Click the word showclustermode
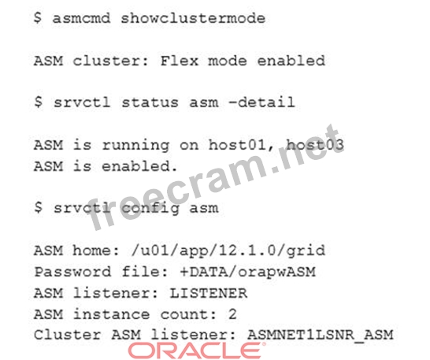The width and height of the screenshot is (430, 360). point(193,18)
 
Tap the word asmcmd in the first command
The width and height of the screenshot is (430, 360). point(81,18)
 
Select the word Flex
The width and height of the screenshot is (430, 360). point(180,61)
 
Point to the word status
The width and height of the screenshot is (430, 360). point(150,102)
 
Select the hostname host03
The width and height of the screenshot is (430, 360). point(315,144)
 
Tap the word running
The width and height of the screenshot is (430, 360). point(135,146)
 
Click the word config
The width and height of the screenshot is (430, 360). point(150,209)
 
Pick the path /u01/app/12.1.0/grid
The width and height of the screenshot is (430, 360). point(228,251)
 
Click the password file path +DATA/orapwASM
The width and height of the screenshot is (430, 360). point(247,272)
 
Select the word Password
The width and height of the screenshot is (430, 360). point(72,272)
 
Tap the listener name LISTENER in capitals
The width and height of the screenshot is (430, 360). point(209,293)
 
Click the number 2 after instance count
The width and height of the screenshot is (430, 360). point(232,314)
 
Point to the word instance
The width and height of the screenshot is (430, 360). point(111,314)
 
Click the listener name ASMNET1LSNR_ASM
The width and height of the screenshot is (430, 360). point(320,335)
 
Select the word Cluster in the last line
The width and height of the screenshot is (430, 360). point(68,335)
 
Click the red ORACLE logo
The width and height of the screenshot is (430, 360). point(197,351)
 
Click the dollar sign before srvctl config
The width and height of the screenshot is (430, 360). point(39,208)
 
